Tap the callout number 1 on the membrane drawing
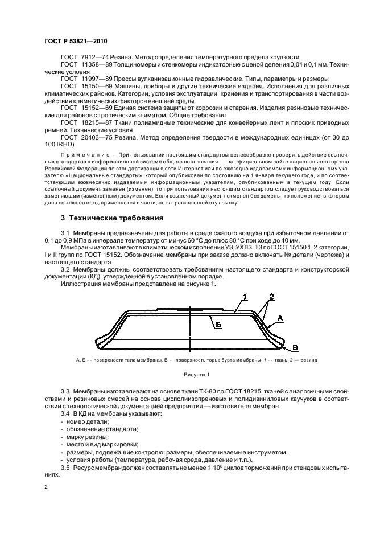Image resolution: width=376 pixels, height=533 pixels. (x=245, y=296)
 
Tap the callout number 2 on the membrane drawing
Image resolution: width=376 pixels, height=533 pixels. (x=272, y=296)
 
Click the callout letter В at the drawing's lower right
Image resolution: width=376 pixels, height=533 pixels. (x=295, y=347)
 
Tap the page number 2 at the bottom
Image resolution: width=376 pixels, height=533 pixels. (x=47, y=487)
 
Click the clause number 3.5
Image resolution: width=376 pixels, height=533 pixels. (x=65, y=467)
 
